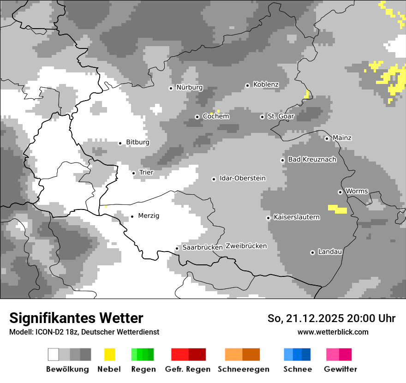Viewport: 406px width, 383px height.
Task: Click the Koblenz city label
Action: coord(266,84)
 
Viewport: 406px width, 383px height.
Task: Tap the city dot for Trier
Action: coord(134,173)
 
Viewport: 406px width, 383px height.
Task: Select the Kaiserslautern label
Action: coord(296,217)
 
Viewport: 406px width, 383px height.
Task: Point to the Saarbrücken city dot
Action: coord(177,248)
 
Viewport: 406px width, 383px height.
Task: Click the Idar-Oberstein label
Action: coord(242,178)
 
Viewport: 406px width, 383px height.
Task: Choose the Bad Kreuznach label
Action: coord(312,159)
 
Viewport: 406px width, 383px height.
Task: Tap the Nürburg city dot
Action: coord(171,88)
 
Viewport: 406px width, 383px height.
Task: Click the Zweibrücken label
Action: coord(246,246)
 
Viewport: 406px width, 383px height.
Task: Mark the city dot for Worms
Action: coord(340,192)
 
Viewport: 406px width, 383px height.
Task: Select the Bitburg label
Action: coord(137,142)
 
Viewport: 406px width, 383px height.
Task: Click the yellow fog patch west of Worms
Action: coord(338,209)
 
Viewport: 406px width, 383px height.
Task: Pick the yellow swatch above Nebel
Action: coord(109,354)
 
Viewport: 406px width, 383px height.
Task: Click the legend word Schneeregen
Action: coord(243,369)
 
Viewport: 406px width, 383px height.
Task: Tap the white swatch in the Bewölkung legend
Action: coord(54,354)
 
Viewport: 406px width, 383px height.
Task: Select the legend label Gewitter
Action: coord(340,369)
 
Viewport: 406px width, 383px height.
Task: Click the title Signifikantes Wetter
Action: coord(76,318)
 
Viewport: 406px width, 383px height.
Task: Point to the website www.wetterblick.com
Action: coord(333,332)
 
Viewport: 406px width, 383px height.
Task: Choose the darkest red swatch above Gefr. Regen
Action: coord(197,354)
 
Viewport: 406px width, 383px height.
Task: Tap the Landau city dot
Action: coord(312,252)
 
